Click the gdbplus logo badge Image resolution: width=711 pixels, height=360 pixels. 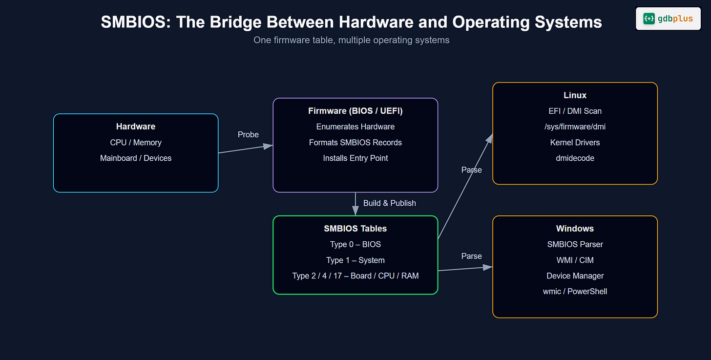click(x=668, y=19)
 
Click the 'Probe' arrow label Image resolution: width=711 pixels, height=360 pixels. click(x=248, y=134)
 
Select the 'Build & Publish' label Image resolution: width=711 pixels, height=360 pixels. click(x=389, y=203)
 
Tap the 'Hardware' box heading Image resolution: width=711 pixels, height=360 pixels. click(x=136, y=127)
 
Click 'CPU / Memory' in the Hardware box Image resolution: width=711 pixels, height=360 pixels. click(x=136, y=143)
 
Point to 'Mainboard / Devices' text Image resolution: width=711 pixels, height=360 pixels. click(x=136, y=158)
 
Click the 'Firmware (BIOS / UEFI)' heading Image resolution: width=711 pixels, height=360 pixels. click(x=355, y=111)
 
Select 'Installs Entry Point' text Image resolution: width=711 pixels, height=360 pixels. click(x=355, y=158)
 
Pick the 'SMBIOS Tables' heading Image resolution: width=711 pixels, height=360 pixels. click(x=355, y=229)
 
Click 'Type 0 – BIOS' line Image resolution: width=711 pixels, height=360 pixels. click(x=355, y=244)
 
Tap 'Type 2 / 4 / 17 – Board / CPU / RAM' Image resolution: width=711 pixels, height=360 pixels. click(x=355, y=276)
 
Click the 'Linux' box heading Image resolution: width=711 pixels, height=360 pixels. click(x=575, y=95)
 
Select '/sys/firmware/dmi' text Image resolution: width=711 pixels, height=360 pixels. click(x=575, y=127)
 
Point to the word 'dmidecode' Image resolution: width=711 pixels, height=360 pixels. click(x=575, y=158)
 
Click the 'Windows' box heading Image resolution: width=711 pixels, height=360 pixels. click(x=575, y=229)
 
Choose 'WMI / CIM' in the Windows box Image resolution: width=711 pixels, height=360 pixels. click(x=575, y=260)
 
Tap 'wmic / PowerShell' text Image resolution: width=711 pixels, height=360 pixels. click(x=575, y=292)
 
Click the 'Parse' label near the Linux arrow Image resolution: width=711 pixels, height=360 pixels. click(x=471, y=170)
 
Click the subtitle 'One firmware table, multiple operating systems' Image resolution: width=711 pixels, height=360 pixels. click(x=351, y=40)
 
